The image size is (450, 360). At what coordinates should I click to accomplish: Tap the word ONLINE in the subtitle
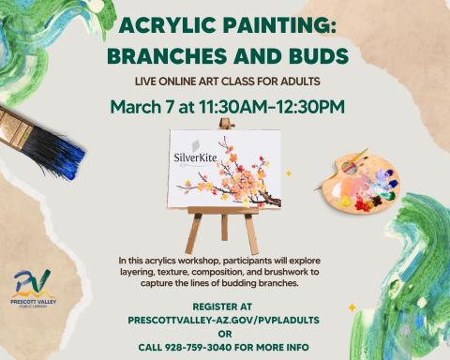184,82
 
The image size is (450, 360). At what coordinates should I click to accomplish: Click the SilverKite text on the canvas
196,158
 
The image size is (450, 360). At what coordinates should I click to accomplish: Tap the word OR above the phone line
224,333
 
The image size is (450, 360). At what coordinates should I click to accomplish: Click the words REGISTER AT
224,307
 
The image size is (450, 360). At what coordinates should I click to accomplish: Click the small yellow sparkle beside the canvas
289,173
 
